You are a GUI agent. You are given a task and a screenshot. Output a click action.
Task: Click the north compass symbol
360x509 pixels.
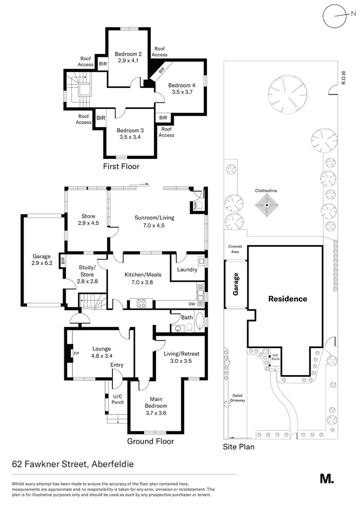pos(335,16)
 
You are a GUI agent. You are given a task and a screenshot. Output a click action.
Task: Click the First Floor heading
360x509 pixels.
pos(121,167)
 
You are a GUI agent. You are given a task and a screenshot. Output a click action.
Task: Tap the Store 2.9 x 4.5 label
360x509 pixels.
pos(88,219)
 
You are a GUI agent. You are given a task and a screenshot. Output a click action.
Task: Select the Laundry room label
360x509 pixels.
pos(187,269)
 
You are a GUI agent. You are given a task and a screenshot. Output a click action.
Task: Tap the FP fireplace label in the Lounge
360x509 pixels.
pos(76,353)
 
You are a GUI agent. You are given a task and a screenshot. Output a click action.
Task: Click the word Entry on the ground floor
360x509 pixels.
pos(117,365)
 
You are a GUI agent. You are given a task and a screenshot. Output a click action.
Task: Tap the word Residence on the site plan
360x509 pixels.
pos(288,299)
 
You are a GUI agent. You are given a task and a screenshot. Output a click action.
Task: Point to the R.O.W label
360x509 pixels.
pos(343,77)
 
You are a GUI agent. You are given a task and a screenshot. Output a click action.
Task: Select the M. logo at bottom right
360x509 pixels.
pos(327,478)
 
